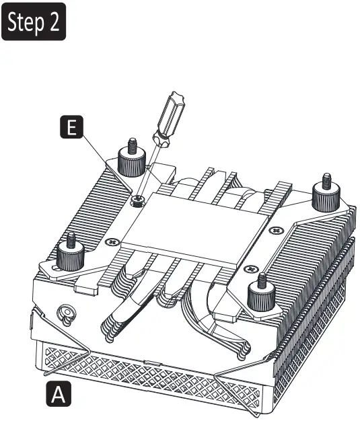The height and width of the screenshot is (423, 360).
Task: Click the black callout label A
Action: [x=57, y=393]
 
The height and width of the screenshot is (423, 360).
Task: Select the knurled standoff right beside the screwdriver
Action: [x=129, y=159]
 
